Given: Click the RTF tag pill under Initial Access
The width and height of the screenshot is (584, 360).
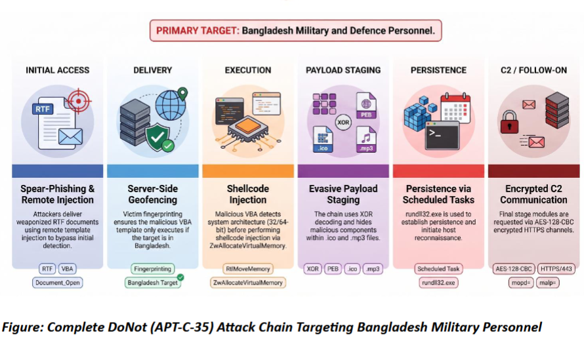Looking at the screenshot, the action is tap(47, 269).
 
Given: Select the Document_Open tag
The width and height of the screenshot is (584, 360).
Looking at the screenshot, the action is tap(57, 283).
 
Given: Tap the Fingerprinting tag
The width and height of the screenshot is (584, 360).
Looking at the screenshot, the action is tap(153, 269).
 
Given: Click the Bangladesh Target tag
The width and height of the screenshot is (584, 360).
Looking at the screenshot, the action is tap(153, 283).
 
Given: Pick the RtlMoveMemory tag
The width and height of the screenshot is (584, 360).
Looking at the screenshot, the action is tap(247, 269).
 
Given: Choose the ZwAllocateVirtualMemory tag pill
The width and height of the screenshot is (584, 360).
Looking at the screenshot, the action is tap(247, 283).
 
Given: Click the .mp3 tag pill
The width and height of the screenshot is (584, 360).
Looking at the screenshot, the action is tap(373, 269).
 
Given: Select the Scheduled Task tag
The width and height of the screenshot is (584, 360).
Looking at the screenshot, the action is tap(438, 269).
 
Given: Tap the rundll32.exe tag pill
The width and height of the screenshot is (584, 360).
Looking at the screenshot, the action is tap(438, 283).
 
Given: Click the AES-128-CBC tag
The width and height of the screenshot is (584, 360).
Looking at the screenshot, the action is tap(514, 269).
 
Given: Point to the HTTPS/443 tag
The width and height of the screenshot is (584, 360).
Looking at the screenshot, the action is tap(556, 269).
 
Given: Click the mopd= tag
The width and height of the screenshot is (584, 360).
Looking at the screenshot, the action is tap(521, 283).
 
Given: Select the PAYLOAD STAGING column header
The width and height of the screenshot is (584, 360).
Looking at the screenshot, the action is tap(343, 70).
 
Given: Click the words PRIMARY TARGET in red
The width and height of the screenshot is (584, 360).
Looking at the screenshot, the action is tap(198, 31).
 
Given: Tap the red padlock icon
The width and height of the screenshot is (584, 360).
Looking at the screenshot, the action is tap(509, 122).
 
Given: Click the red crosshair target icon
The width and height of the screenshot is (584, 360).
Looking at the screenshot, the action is tap(78, 100).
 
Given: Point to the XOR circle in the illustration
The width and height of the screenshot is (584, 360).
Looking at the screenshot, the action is tap(343, 122).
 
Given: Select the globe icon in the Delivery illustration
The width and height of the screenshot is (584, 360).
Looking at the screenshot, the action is tap(170, 105).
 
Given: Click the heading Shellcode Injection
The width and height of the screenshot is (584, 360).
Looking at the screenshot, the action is tap(247, 194).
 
